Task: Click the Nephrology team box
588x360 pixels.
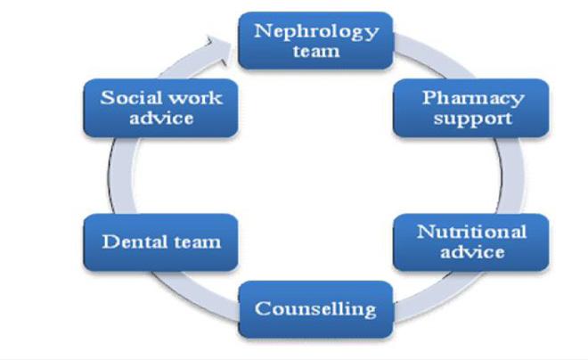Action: coord(315,41)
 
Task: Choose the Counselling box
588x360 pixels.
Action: coord(315,309)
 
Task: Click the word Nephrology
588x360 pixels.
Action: coord(316,31)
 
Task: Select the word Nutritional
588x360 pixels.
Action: coord(471,232)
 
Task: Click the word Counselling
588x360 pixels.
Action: coord(315,309)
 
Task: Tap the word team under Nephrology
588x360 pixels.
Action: coord(316,52)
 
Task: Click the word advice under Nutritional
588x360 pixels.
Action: coord(471,252)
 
